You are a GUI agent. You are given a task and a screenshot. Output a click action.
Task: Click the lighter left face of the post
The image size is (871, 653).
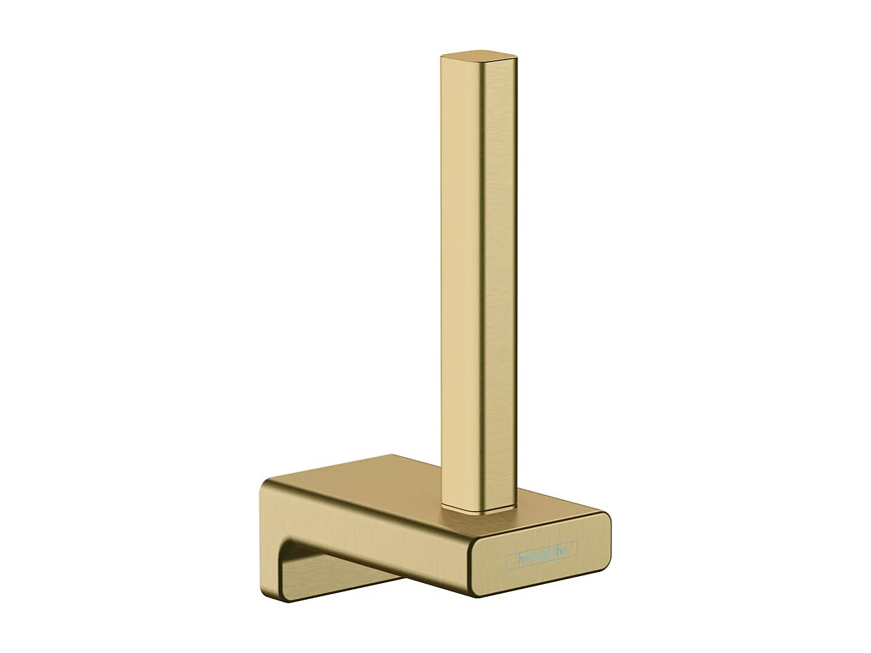click(457, 277)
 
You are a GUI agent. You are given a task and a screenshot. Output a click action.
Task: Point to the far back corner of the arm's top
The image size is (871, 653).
click(393, 456)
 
